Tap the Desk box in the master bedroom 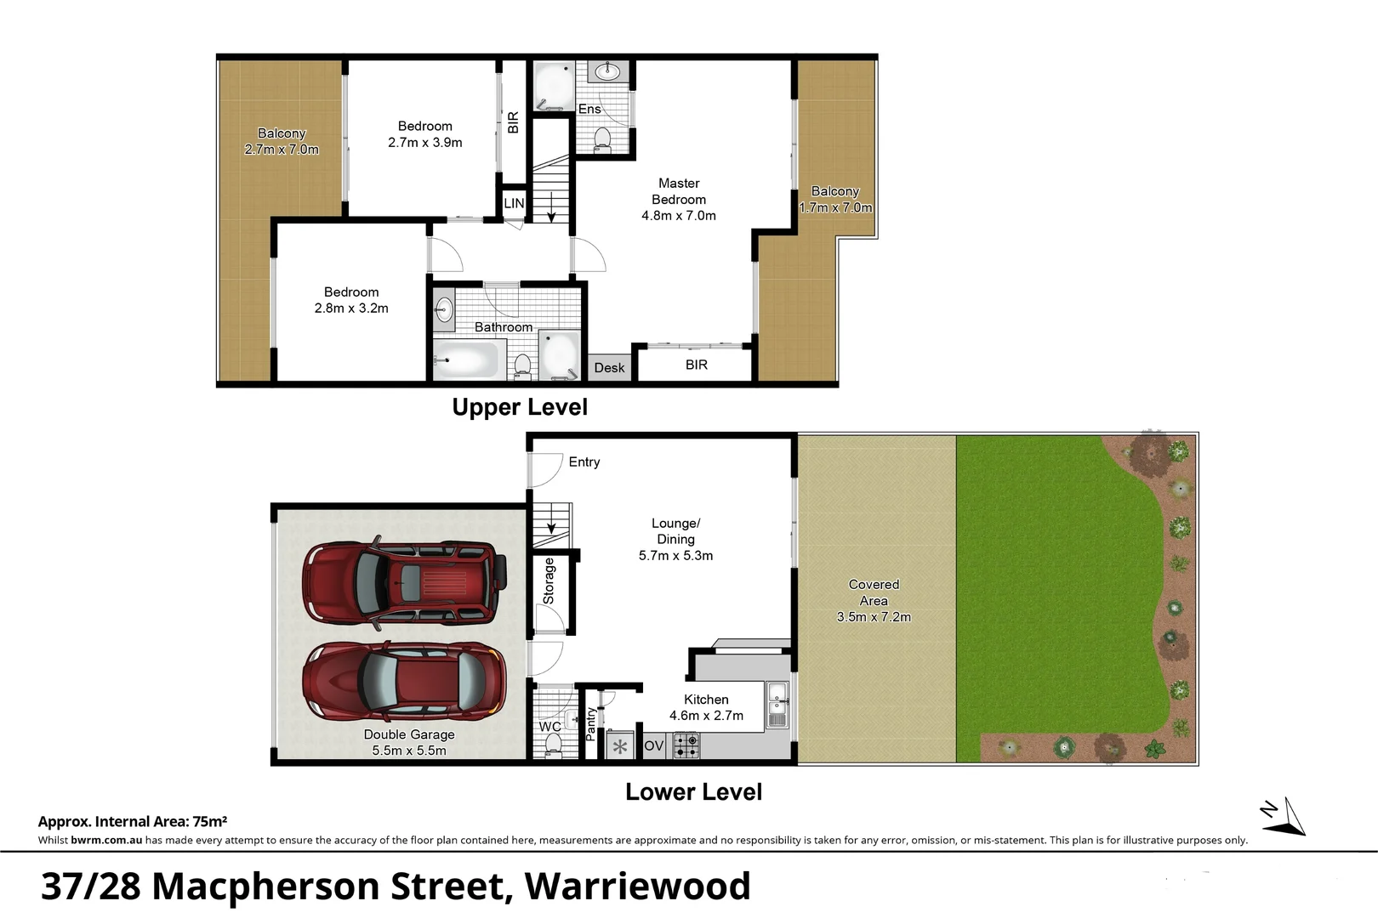609,367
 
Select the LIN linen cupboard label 514,203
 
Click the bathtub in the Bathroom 466,360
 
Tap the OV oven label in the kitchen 653,746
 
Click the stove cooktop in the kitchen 686,746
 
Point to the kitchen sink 777,705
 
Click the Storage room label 549,581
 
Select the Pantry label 591,723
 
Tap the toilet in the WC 553,745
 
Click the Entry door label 584,462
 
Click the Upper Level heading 520,407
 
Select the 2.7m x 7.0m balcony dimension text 282,150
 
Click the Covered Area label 874,592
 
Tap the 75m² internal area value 209,821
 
